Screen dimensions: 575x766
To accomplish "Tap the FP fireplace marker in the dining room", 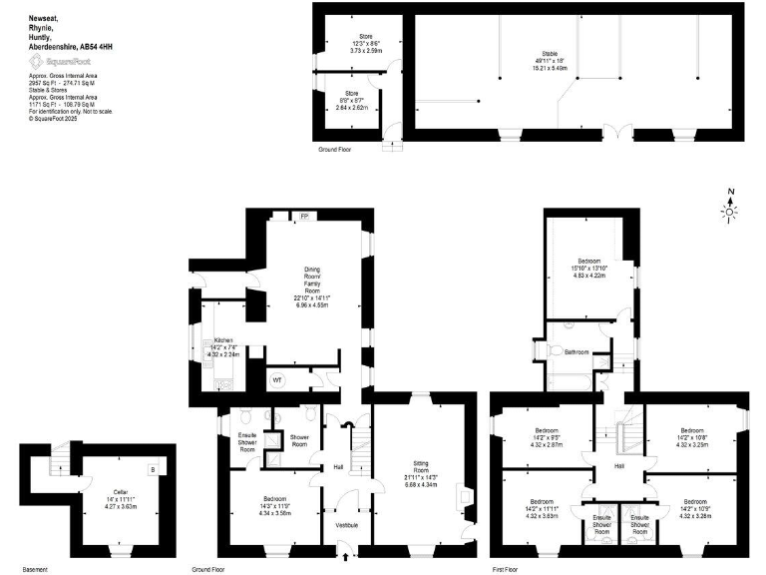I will [305, 215].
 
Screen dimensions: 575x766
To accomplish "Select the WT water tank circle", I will [277, 379].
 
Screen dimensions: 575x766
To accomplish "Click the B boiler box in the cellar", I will [152, 470].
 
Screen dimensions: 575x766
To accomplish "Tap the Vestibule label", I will [346, 525].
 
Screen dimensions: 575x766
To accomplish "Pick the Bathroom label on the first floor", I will [576, 351].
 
